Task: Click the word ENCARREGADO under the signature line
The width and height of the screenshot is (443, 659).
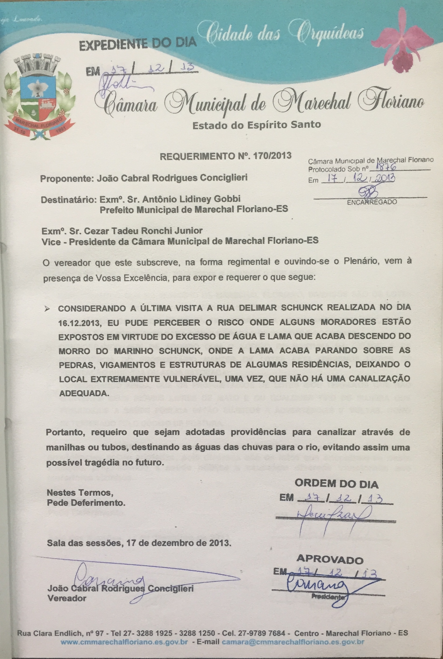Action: pyautogui.click(x=372, y=202)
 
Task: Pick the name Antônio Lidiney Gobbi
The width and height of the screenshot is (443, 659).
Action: pyautogui.click(x=192, y=199)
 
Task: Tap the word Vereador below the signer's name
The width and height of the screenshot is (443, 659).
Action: pyautogui.click(x=67, y=598)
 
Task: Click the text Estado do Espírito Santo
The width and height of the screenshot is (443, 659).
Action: pyautogui.click(x=257, y=125)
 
